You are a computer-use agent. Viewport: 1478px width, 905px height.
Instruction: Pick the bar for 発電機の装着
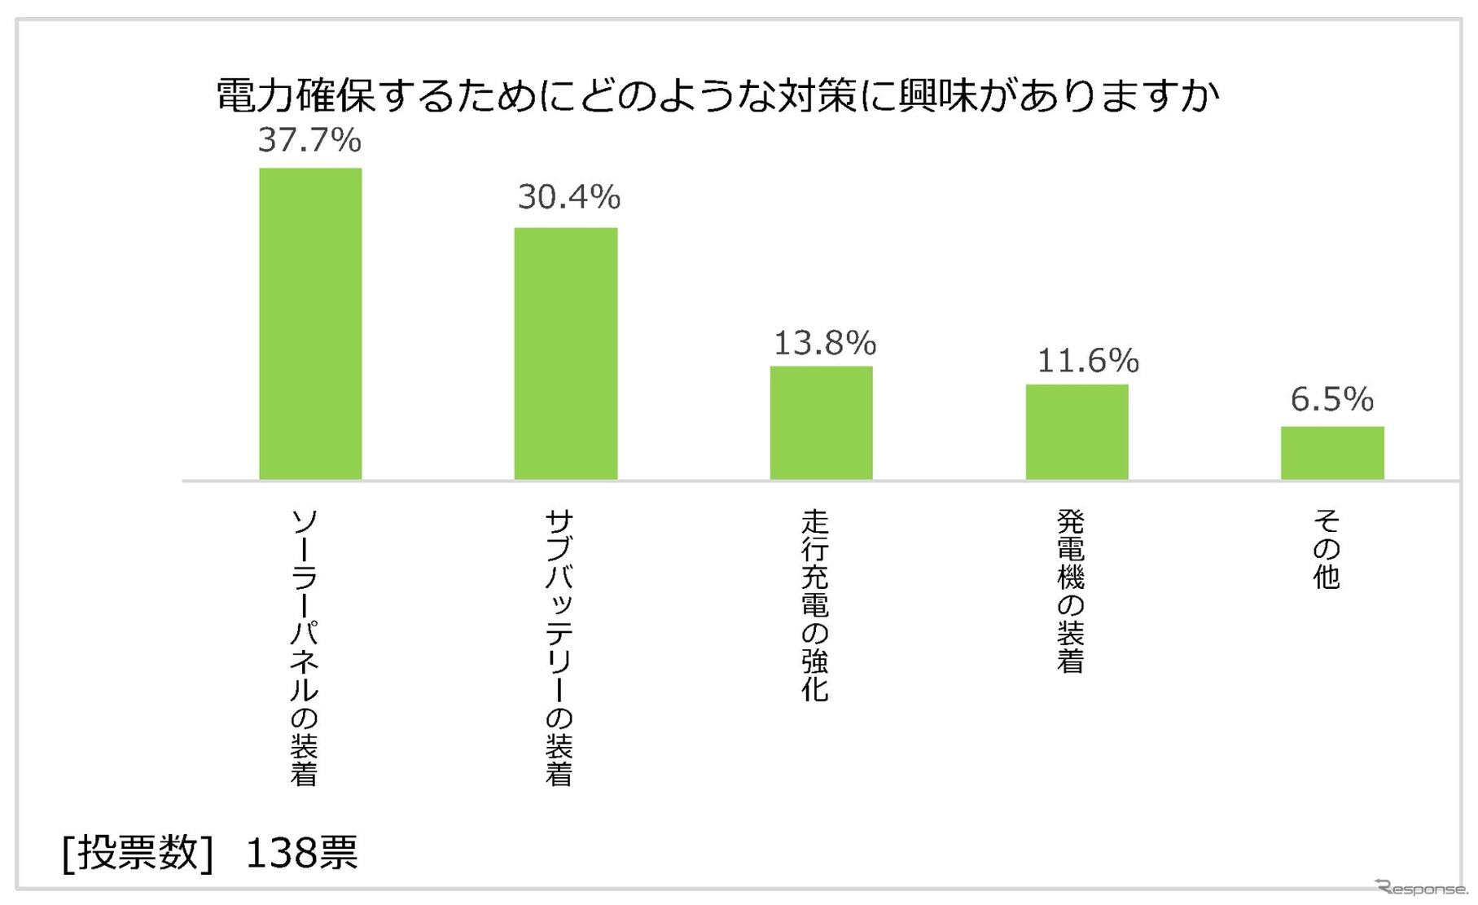pyautogui.click(x=1077, y=431)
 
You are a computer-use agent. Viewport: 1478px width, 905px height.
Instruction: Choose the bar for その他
pyautogui.click(x=1332, y=452)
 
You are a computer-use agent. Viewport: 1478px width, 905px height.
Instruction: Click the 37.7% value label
pyautogui.click(x=309, y=140)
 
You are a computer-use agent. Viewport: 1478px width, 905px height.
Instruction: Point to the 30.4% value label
pyautogui.click(x=568, y=197)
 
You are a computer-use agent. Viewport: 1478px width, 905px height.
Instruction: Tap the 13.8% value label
pyautogui.click(x=824, y=344)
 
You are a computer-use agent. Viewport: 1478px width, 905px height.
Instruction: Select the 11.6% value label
pyautogui.click(x=1087, y=361)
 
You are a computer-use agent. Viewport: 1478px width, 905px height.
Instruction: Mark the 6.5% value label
pyautogui.click(x=1332, y=400)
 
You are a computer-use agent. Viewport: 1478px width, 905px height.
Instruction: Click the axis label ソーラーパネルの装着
pyautogui.click(x=304, y=648)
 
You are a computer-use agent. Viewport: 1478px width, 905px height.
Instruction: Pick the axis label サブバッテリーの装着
pyautogui.click(x=559, y=648)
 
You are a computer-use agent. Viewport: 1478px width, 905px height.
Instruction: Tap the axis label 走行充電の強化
pyautogui.click(x=815, y=605)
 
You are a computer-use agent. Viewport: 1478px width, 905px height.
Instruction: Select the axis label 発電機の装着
pyautogui.click(x=1071, y=591)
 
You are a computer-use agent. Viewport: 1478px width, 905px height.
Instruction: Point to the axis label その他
pyautogui.click(x=1327, y=549)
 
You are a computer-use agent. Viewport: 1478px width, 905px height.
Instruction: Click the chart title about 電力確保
pyautogui.click(x=717, y=95)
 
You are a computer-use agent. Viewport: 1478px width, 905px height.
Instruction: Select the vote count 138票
pyautogui.click(x=301, y=853)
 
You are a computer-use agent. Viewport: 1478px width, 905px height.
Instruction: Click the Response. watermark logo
pyautogui.click(x=1421, y=888)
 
